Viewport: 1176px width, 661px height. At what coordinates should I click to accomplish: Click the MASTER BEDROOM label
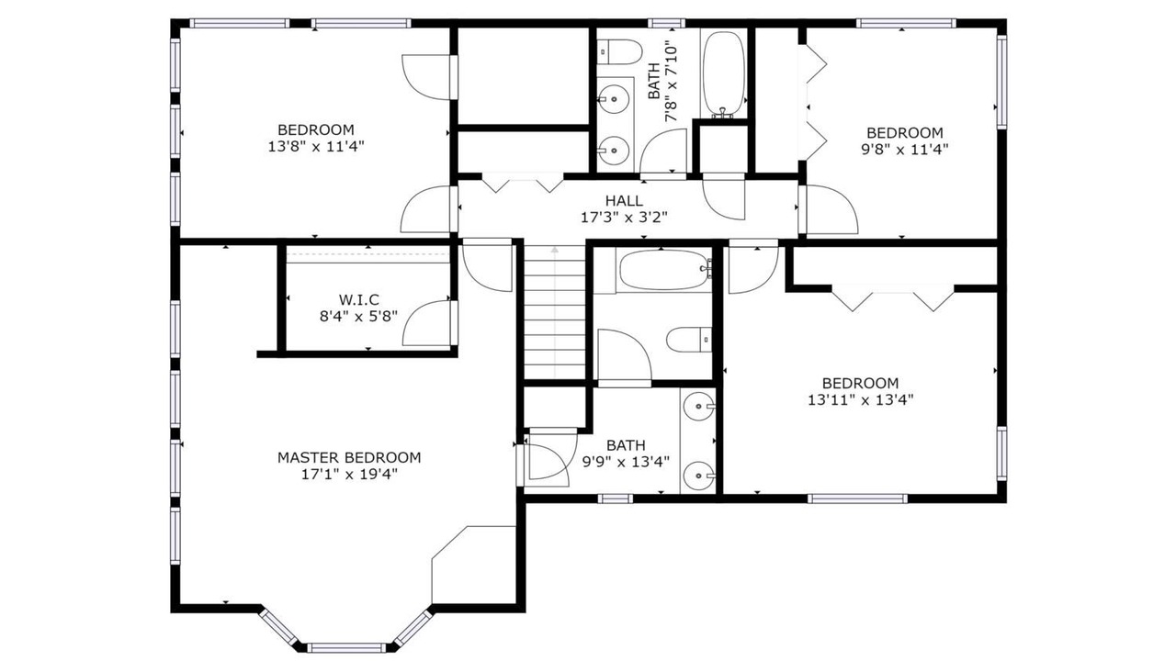click(349, 457)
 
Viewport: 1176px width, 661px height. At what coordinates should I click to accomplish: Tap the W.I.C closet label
click(358, 299)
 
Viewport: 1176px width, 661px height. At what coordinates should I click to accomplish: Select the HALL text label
click(624, 200)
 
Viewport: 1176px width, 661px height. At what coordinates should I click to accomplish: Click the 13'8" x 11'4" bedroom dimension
click(316, 146)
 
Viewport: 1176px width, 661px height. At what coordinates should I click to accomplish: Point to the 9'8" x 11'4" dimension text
click(905, 150)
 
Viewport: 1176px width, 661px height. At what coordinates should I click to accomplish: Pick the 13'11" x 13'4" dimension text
click(861, 399)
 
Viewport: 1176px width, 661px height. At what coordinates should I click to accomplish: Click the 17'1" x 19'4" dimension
click(349, 475)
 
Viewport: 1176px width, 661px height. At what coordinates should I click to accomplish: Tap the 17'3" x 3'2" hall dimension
click(624, 218)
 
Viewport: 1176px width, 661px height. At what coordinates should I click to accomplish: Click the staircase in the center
click(554, 311)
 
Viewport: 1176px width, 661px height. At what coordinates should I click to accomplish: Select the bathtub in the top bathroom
click(723, 74)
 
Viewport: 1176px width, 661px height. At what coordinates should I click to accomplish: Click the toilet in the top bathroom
click(620, 53)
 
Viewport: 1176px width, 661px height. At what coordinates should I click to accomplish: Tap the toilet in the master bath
click(689, 340)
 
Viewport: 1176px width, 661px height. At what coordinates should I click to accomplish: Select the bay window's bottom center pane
click(346, 647)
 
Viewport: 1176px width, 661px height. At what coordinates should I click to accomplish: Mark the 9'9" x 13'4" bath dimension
click(626, 462)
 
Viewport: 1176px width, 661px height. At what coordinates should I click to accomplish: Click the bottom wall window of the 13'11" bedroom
click(857, 499)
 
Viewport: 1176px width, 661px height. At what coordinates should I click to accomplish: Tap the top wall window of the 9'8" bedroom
click(906, 23)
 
